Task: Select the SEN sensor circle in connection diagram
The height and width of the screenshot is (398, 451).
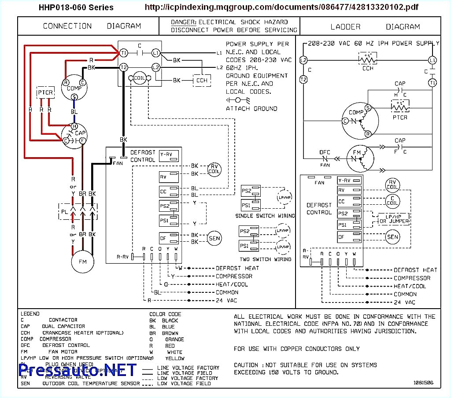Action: coord(214,238)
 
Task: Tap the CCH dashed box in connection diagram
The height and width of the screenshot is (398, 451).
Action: coord(202,80)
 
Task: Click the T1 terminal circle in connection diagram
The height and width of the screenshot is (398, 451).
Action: coord(124,53)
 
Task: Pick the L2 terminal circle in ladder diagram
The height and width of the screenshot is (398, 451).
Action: coord(303,60)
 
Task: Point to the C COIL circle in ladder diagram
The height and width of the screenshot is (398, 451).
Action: coord(392,201)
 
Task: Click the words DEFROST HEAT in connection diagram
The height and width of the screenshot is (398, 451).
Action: coord(237,268)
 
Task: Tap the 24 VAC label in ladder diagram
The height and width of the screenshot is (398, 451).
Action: coord(404,302)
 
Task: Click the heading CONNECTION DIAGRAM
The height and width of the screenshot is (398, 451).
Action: coord(92,26)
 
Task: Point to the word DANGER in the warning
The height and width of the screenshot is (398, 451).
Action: coord(183,22)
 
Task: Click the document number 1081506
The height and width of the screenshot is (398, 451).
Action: coord(423,383)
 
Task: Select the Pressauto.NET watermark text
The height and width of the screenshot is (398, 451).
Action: coord(78,370)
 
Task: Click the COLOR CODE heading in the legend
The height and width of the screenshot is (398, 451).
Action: coord(165,314)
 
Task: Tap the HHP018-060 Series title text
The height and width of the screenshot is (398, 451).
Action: coord(76,7)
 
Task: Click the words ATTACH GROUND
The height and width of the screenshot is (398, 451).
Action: coord(251,108)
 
